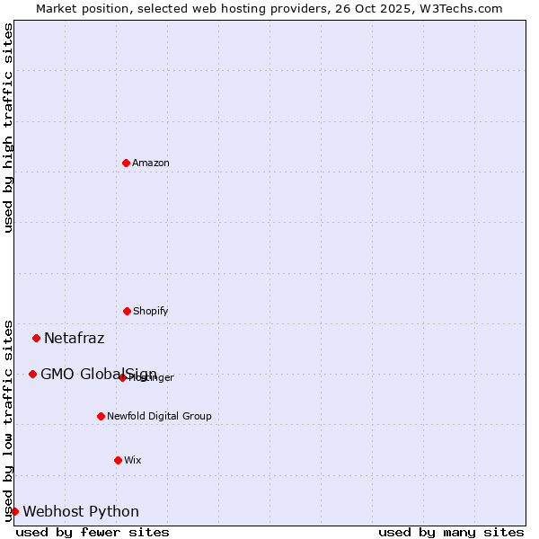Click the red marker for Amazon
tap(127, 163)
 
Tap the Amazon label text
tap(151, 163)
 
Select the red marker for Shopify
tap(127, 311)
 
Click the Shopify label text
tap(151, 312)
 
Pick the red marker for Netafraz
tap(37, 338)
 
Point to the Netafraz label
tap(75, 339)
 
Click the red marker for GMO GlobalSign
tap(33, 374)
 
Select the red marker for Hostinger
tap(123, 377)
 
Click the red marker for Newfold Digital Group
tap(101, 416)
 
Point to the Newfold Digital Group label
tap(159, 417)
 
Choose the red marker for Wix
tap(118, 460)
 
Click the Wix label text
tap(133, 461)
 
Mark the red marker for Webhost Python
tap(15, 511)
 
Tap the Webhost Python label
tap(81, 512)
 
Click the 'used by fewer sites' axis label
tap(93, 532)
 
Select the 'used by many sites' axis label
tap(451, 532)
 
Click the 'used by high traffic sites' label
tap(8, 128)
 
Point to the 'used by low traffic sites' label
tap(8, 420)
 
